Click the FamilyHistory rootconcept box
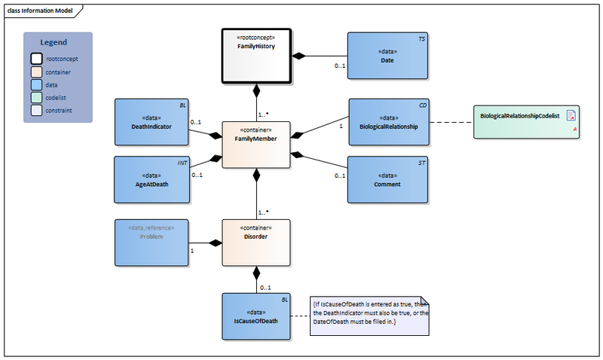(x=256, y=56)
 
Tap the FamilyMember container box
(x=256, y=143)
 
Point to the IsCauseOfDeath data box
(x=256, y=316)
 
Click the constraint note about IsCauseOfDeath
(x=369, y=314)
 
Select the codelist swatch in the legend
(x=36, y=96)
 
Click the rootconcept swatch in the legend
(x=36, y=58)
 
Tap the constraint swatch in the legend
(x=36, y=110)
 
